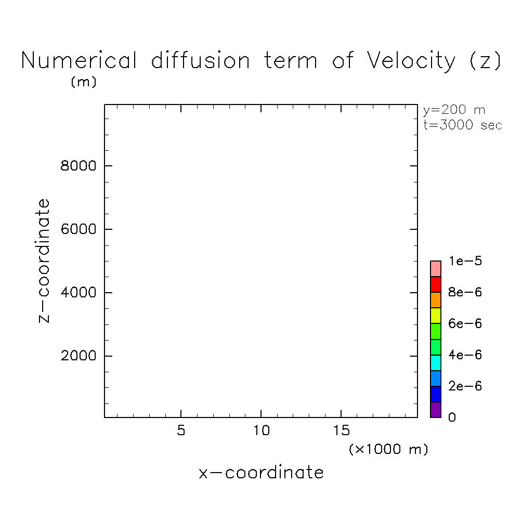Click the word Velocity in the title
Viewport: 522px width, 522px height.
coord(411,61)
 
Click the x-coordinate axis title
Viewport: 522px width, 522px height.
coord(261,473)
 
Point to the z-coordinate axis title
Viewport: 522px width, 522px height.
coord(45,261)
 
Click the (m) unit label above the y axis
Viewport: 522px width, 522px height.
coord(83,82)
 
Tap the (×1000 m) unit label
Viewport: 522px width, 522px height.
coord(388,449)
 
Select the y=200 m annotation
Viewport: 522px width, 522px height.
coord(454,110)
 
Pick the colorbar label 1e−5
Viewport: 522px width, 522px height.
coord(465,261)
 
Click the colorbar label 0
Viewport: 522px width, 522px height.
coord(452,417)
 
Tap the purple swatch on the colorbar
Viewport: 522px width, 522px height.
coord(436,410)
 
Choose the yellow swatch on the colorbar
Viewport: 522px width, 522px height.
coord(436,316)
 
